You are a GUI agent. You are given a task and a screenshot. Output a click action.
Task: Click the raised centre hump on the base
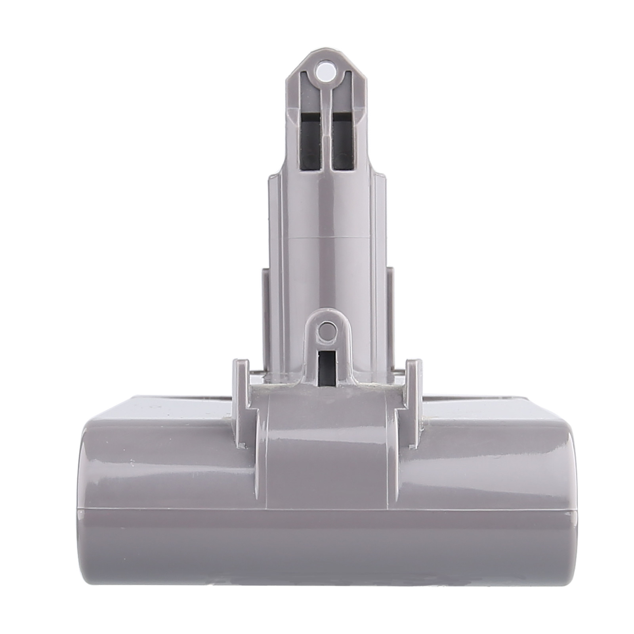[x=327, y=436]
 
